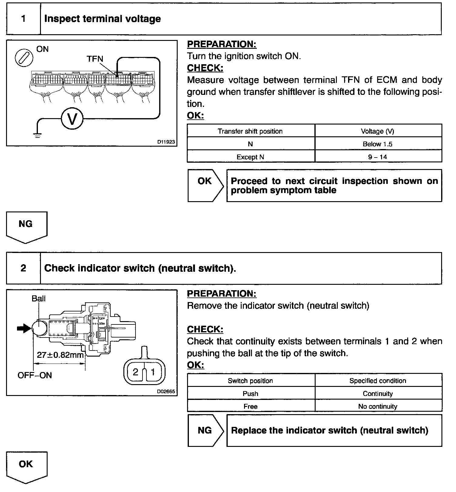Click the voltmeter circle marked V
(x=72, y=119)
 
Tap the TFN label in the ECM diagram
(x=95, y=59)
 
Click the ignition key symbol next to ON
(x=24, y=58)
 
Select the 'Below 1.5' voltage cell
(x=377, y=144)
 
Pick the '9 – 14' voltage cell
(x=377, y=157)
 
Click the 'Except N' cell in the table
(x=250, y=157)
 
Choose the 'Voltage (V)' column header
(x=377, y=131)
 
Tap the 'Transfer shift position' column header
(x=250, y=131)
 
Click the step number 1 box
(x=23, y=19)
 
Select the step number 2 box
(x=23, y=268)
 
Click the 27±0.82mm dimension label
(x=60, y=354)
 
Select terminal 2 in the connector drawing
(x=136, y=372)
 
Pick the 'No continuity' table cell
(x=377, y=406)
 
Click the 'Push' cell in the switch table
(x=250, y=394)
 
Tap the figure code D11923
(x=166, y=142)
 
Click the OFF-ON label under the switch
(x=35, y=375)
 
